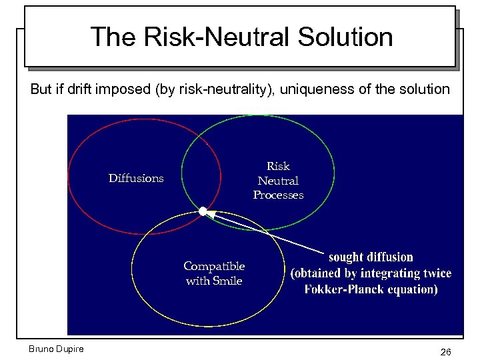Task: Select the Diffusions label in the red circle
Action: [136, 178]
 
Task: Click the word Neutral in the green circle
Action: [278, 181]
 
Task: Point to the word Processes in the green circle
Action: [278, 195]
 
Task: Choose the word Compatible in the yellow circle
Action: [214, 266]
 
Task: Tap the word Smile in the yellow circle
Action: [228, 281]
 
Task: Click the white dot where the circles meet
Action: [202, 211]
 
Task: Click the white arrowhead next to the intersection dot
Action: [209, 214]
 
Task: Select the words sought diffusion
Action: [371, 257]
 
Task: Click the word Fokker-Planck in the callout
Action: [339, 289]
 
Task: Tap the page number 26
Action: [445, 351]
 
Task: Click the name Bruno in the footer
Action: [41, 349]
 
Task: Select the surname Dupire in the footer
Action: [70, 349]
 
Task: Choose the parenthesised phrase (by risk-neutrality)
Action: [212, 89]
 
